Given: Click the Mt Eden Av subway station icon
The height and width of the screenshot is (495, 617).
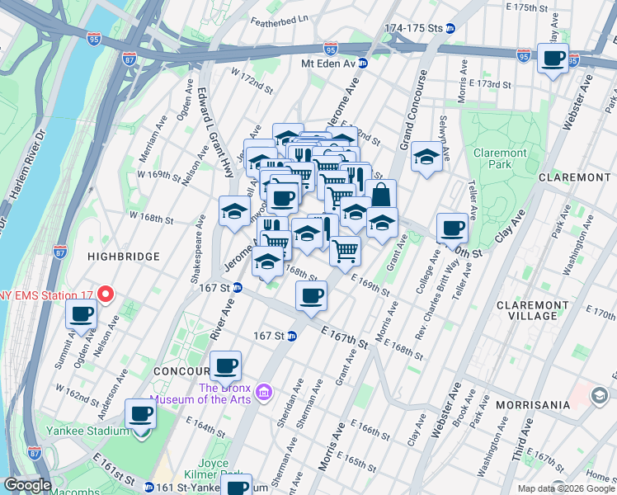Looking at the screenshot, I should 362,63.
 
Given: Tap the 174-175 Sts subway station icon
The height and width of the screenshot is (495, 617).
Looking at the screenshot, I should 450,28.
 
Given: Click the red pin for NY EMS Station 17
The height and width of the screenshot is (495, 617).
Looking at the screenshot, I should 105,294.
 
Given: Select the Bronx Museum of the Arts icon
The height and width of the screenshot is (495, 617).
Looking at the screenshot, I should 263,389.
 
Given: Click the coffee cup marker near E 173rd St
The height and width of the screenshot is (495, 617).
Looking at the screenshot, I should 553,59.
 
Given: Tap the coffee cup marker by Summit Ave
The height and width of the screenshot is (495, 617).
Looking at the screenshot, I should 82,313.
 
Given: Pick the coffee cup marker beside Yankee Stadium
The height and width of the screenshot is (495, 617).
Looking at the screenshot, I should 140,414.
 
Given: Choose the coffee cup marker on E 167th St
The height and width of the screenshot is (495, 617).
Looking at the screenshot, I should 311,296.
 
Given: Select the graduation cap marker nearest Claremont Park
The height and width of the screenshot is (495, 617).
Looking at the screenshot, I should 426,156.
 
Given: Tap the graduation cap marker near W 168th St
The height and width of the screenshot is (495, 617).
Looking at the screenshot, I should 234,211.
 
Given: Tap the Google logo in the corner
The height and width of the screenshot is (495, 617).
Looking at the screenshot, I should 27,485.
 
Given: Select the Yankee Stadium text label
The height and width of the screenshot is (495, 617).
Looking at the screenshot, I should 97,431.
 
